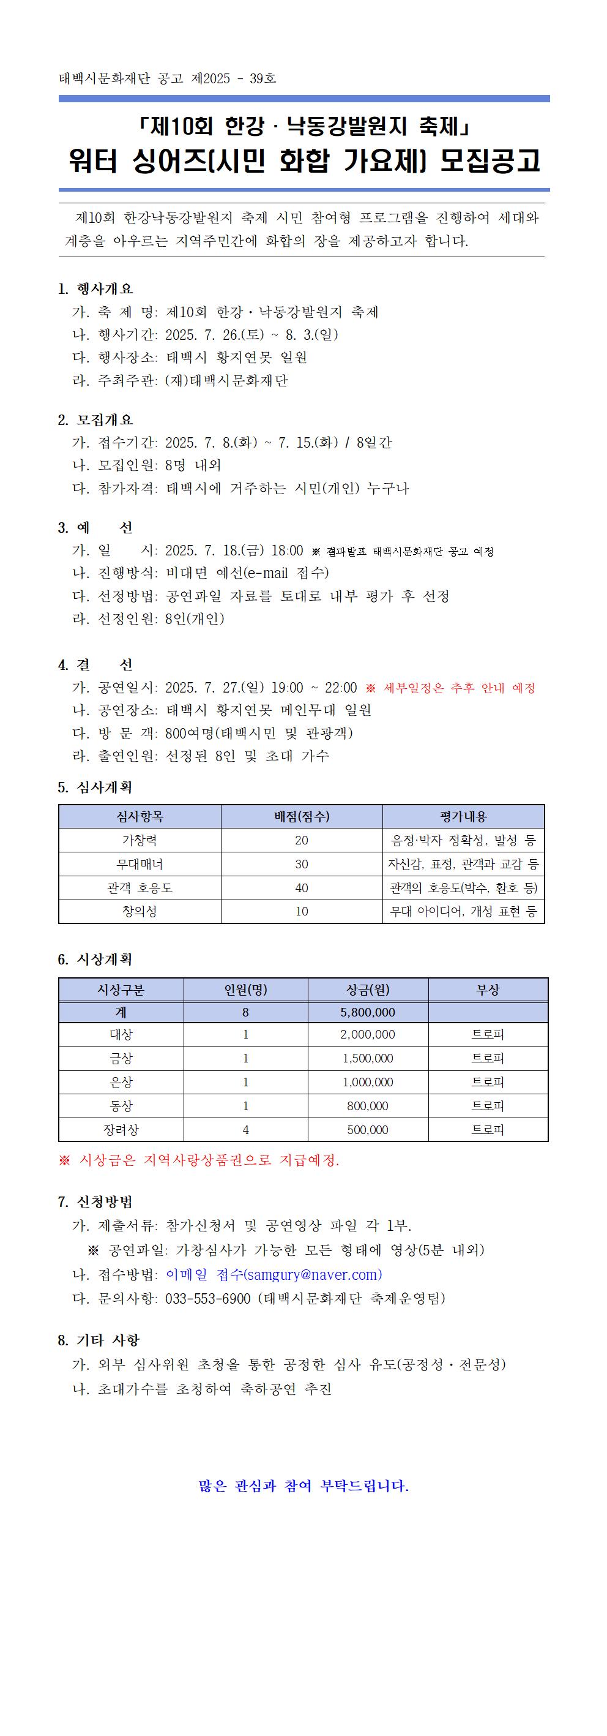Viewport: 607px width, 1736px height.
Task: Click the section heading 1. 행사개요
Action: [95, 288]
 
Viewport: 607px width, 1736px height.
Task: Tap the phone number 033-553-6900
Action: [207, 1298]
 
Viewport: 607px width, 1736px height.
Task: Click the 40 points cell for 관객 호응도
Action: [301, 887]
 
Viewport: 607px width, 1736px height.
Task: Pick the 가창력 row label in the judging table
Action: [140, 840]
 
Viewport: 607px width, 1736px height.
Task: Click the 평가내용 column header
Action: [463, 816]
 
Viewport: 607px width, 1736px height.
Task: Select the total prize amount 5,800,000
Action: [368, 1012]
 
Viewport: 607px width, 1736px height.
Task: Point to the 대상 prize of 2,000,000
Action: [368, 1034]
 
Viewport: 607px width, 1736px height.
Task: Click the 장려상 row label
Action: [121, 1130]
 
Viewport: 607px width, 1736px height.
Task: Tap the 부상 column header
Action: [488, 990]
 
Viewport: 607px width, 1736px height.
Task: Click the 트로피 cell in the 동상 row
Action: [488, 1106]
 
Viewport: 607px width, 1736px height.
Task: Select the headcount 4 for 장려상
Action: [245, 1130]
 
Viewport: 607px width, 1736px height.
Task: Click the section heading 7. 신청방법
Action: [95, 1202]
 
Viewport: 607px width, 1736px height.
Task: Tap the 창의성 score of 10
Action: [301, 911]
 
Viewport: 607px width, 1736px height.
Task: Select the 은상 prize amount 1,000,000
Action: [368, 1082]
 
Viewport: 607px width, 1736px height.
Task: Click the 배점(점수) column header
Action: [301, 816]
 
